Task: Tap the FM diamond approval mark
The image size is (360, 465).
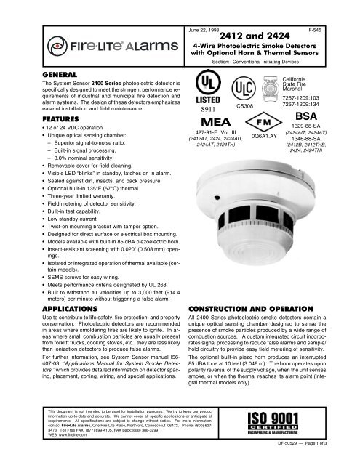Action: point(264,121)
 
